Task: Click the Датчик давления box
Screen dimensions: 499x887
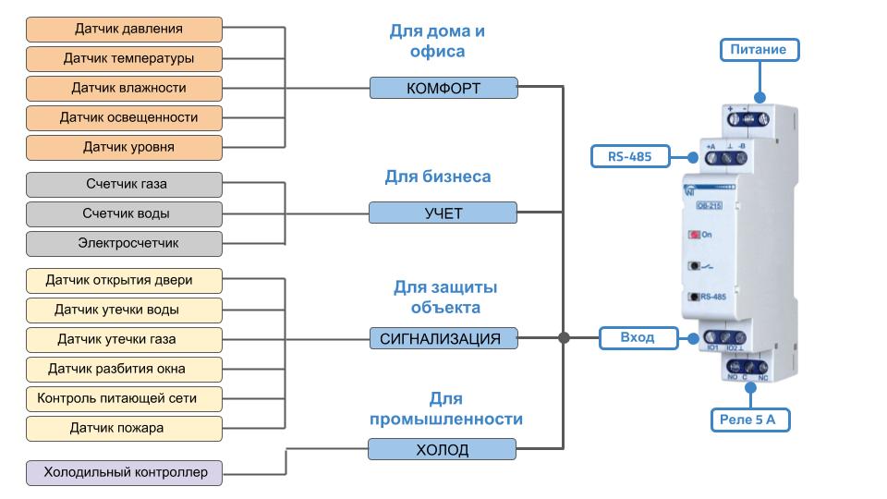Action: point(124,30)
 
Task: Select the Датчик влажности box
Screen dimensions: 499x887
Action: point(124,89)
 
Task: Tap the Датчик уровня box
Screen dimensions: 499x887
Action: point(124,148)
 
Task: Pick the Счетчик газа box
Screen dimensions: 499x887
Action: point(124,185)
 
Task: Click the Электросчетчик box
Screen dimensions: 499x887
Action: point(124,244)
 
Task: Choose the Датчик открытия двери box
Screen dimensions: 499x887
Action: point(124,279)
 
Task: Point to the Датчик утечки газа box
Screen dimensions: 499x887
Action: point(124,339)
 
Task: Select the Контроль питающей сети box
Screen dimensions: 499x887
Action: point(124,398)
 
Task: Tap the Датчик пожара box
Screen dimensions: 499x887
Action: point(124,429)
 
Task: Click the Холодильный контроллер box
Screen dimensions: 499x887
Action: point(124,474)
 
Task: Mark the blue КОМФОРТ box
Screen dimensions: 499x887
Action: point(443,89)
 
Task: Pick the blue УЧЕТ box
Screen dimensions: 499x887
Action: point(443,213)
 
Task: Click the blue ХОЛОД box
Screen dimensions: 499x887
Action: point(443,450)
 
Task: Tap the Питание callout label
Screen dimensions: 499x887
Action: point(758,50)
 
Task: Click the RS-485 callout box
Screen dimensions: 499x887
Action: point(629,157)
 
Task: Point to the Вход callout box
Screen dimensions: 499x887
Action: point(637,338)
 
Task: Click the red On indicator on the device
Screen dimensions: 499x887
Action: point(693,235)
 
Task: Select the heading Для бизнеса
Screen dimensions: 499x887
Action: point(437,176)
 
